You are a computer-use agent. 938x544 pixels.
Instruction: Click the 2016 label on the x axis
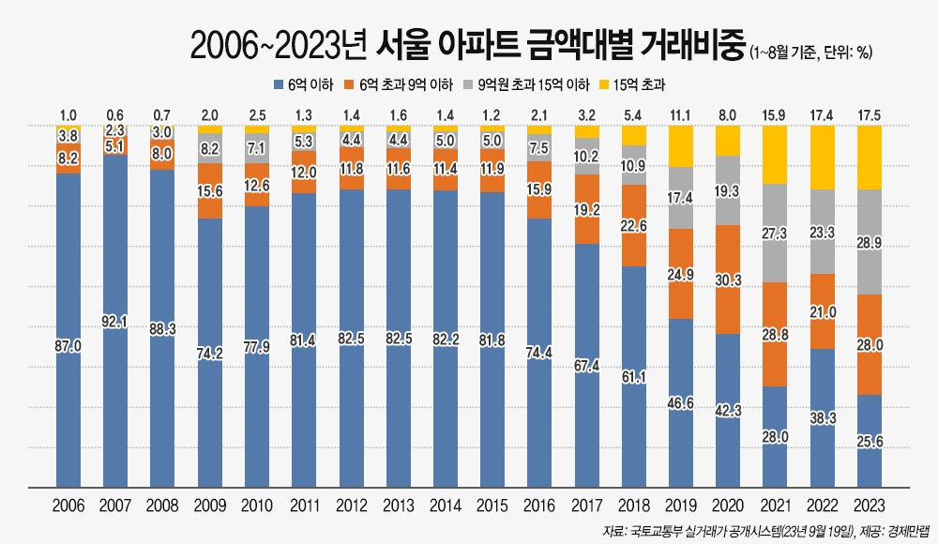pyautogui.click(x=539, y=506)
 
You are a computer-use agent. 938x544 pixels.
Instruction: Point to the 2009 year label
pyautogui.click(x=210, y=506)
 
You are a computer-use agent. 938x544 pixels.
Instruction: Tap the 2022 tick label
pyautogui.click(x=822, y=506)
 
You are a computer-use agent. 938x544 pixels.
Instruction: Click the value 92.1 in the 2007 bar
pyautogui.click(x=115, y=322)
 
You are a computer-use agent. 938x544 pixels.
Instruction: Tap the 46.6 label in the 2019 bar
pyautogui.click(x=680, y=402)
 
